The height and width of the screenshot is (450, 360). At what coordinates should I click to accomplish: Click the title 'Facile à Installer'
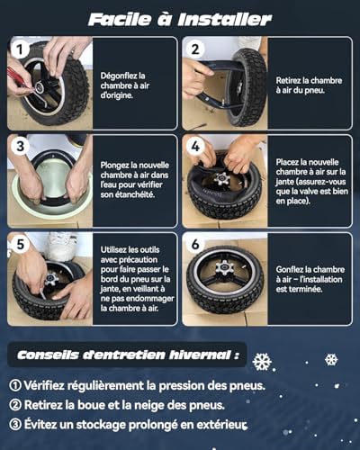pos(180,18)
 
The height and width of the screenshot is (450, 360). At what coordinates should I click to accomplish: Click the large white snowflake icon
pos(262,362)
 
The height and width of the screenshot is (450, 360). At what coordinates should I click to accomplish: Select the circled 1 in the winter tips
pos(14,385)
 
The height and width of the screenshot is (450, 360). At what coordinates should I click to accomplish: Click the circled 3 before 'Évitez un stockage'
pos(14,425)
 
